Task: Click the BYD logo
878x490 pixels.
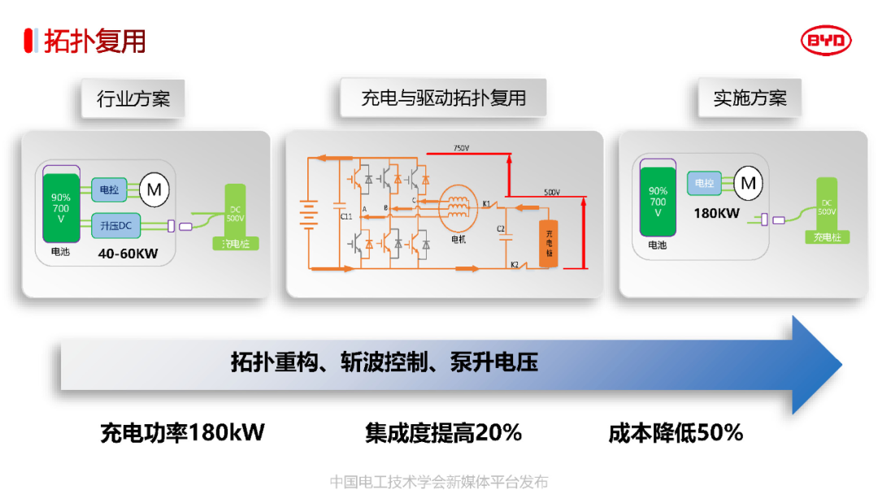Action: pos(826,41)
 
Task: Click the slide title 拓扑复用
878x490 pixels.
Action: pos(94,41)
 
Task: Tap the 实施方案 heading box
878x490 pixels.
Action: pos(750,99)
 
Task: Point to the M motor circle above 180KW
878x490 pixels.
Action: pos(749,183)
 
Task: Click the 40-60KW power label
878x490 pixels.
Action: pos(128,254)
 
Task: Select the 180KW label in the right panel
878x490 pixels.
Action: pos(716,214)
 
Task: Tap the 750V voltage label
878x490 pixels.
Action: pos(460,148)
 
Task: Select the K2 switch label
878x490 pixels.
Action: pos(514,265)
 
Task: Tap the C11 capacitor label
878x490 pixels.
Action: pos(346,217)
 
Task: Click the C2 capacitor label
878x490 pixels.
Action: pos(501,229)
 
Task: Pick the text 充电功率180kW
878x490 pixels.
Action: pos(182,432)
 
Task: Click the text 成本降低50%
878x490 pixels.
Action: pos(676,432)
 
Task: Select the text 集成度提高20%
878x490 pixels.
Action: pos(442,432)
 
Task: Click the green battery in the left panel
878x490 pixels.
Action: pos(62,208)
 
